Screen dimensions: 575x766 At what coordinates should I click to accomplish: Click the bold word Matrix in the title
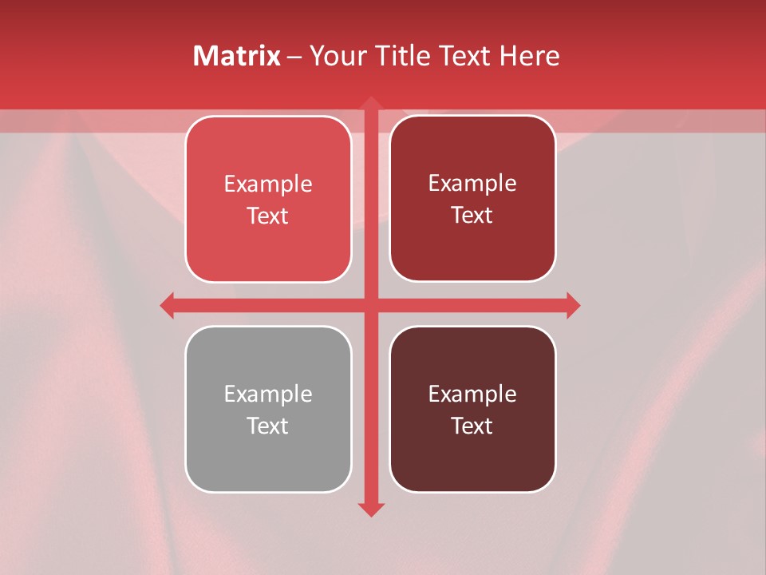tap(237, 56)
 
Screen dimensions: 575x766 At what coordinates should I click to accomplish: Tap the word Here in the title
tap(529, 56)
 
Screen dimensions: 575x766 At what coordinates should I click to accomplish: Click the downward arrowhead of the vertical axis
tap(370, 509)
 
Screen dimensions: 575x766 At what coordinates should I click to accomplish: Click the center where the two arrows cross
tap(370, 305)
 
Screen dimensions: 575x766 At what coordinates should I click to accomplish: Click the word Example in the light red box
tap(268, 184)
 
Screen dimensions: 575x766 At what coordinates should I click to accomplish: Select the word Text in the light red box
tap(268, 216)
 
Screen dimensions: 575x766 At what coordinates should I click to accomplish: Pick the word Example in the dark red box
tap(472, 184)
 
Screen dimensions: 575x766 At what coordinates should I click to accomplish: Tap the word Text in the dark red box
tap(472, 216)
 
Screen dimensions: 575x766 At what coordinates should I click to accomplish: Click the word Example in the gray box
tap(268, 395)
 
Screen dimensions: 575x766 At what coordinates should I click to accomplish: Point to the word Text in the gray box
tap(268, 426)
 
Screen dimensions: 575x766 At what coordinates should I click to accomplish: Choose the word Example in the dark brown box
tap(472, 395)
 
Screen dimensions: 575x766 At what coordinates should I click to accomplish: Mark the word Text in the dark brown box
tap(472, 426)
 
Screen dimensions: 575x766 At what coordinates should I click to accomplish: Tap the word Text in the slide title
tap(464, 56)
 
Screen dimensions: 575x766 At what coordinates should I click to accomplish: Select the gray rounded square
tap(268, 463)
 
